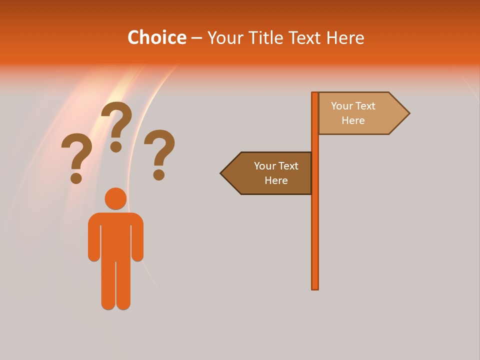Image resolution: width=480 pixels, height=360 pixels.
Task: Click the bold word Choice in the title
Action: (x=156, y=37)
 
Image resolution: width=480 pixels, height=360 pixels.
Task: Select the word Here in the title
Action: (x=345, y=37)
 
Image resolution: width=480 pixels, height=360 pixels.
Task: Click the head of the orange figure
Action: (x=115, y=198)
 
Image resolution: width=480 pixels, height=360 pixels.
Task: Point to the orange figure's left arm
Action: (x=94, y=240)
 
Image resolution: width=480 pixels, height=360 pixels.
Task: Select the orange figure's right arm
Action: (x=137, y=240)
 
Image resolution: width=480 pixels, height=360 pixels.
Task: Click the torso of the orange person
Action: (x=115, y=235)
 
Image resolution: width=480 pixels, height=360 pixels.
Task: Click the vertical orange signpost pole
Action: (x=315, y=225)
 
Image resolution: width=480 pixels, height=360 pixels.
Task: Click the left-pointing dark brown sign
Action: (x=270, y=173)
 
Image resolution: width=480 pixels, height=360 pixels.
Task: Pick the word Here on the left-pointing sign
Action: (x=276, y=180)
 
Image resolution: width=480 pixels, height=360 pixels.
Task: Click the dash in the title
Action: (x=196, y=38)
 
